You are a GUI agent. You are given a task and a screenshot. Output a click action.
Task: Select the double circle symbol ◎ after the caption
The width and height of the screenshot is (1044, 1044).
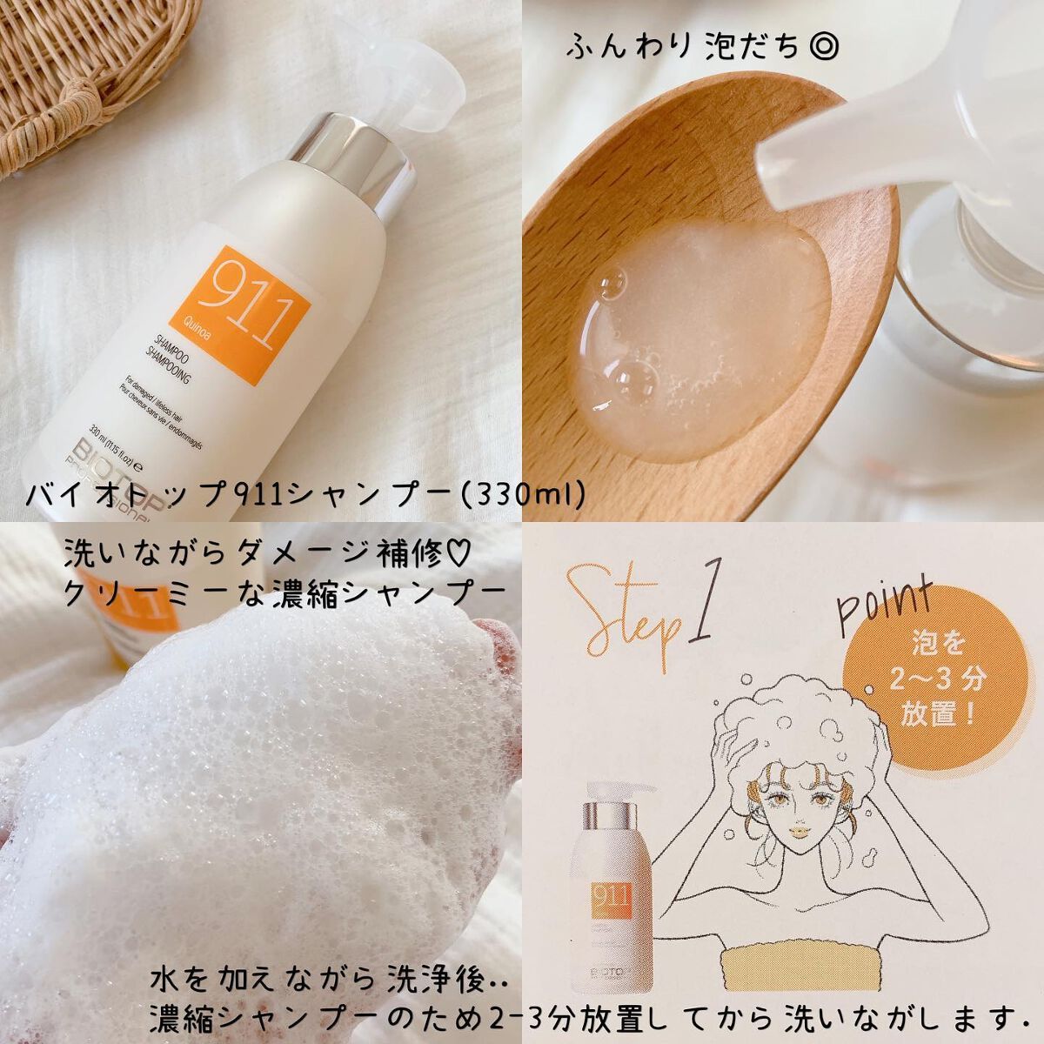[x=824, y=48]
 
